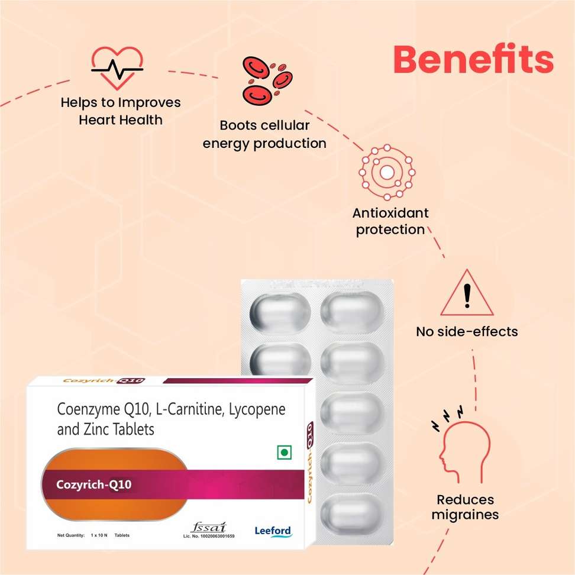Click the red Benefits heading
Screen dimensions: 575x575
tap(473, 59)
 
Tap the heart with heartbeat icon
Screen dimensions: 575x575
tap(117, 67)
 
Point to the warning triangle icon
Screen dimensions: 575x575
tap(467, 294)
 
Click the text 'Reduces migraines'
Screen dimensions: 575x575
tap(465, 507)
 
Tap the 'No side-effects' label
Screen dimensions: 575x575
tap(467, 331)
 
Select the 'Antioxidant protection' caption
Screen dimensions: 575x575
tap(390, 221)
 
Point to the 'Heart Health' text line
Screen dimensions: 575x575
tap(120, 119)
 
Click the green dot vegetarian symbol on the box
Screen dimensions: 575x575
tap(284, 452)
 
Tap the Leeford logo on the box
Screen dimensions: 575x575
tap(273, 531)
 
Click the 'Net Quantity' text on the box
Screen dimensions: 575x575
tap(71, 535)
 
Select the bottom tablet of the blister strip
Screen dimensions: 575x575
tap(351, 509)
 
